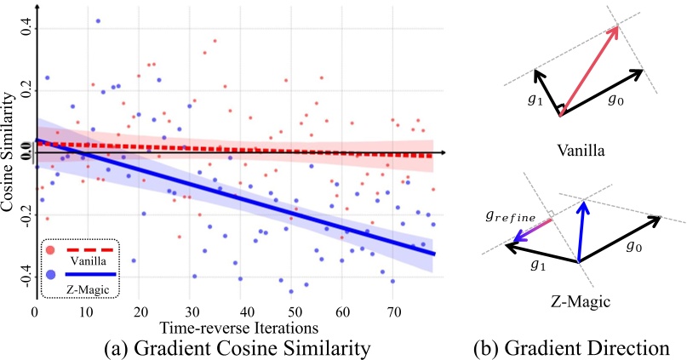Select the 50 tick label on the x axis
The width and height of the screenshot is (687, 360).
tap(295, 312)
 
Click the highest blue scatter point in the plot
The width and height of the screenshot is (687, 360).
tap(98, 20)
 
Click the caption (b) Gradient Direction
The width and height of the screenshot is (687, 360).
tap(575, 347)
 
